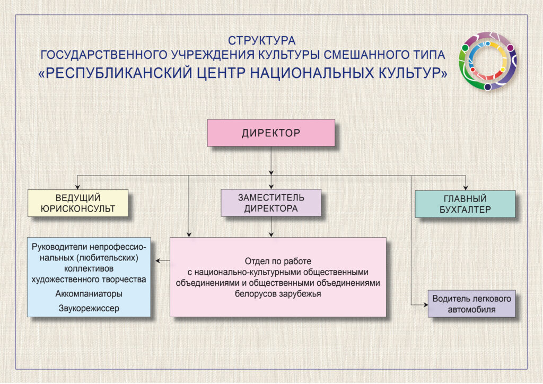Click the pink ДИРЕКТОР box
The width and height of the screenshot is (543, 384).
(x=271, y=133)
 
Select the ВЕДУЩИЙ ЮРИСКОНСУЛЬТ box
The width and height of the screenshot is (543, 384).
(x=78, y=203)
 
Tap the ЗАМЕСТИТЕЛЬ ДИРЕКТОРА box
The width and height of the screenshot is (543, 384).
(x=271, y=203)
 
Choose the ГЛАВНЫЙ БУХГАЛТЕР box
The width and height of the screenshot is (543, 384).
(x=465, y=204)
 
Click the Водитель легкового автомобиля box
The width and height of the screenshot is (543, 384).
(x=471, y=304)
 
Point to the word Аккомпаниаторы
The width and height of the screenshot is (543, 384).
(x=89, y=294)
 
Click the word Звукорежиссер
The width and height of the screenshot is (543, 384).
(x=89, y=308)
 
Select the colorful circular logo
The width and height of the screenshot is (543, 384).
(x=488, y=61)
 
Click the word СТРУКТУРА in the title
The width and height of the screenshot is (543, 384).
(x=261, y=40)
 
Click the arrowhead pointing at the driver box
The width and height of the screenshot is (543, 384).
(x=426, y=304)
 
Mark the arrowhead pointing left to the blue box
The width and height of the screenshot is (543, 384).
(x=158, y=260)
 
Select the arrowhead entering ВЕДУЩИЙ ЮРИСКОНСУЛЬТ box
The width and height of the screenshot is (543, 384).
(x=77, y=187)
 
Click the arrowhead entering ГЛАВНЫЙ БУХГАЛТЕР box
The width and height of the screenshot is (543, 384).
(x=466, y=188)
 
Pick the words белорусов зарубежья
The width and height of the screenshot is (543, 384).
(x=278, y=294)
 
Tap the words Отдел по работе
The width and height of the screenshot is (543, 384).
(x=278, y=261)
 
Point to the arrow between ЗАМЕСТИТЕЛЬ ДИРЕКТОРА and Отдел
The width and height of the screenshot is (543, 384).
(x=271, y=227)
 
